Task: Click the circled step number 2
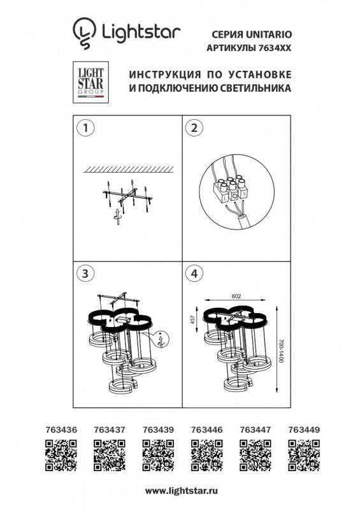(192, 127)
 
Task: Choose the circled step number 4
(192, 273)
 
